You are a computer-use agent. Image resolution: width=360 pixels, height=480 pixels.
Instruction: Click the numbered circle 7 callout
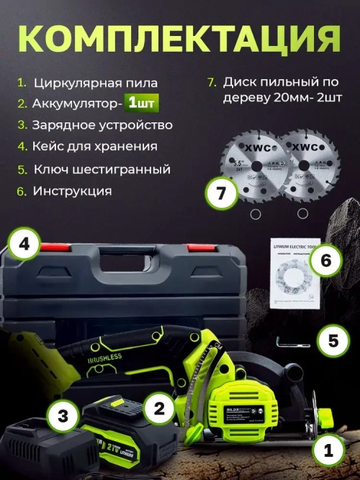click(x=221, y=193)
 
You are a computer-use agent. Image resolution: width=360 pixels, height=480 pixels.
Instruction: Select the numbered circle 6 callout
click(x=325, y=260)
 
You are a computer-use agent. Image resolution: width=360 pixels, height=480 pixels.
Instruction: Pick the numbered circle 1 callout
click(x=328, y=451)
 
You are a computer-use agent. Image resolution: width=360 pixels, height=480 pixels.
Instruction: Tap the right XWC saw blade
click(x=303, y=167)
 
